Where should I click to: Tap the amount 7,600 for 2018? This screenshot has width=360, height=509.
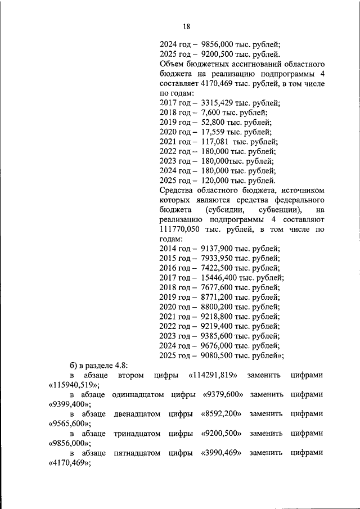point(211,112)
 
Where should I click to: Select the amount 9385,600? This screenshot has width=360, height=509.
point(219,336)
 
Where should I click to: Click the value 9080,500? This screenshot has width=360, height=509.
point(219,355)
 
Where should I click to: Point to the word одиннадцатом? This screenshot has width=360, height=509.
point(136,394)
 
